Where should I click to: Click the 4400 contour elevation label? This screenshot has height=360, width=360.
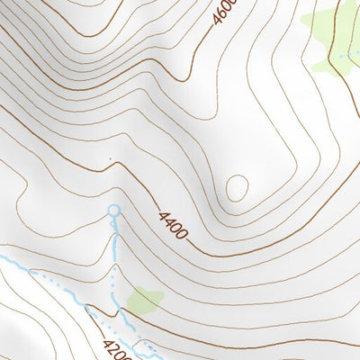pos(174,225)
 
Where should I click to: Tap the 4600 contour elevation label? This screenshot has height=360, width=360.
pos(225,13)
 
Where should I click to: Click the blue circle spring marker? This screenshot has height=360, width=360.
pos(113,211)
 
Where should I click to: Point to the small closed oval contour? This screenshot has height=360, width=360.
pos(237,188)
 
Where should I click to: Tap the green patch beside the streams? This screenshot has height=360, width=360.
pos(144,299)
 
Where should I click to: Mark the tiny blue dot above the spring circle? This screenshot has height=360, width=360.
pos(110,160)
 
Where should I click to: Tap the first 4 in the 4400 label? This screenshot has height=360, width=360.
pos(164,216)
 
